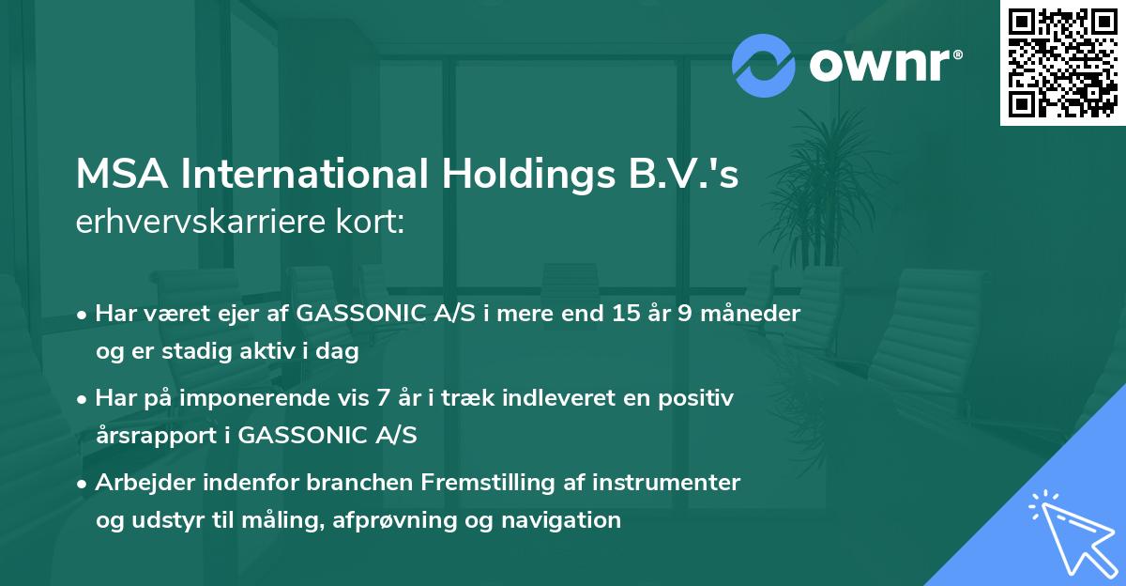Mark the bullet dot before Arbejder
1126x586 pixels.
(83, 484)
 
